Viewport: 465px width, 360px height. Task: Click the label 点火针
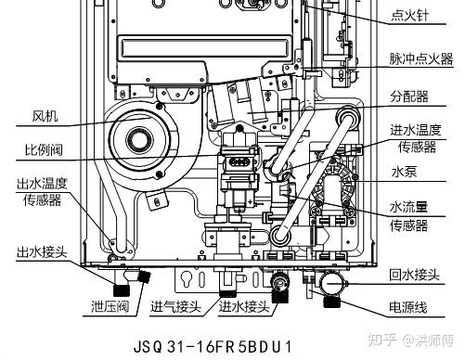coord(410,15)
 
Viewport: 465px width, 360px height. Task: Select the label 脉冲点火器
coord(421,58)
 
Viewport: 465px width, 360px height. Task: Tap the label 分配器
coord(409,96)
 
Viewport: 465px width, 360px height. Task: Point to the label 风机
coord(45,116)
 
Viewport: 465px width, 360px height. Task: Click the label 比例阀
coord(44,150)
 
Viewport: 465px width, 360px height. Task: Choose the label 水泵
coord(404,172)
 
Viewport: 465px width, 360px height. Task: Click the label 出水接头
coord(42,251)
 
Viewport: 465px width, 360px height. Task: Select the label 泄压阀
coord(110,306)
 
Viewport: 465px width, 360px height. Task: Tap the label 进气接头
coord(175,306)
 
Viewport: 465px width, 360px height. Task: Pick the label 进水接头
coord(244,306)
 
